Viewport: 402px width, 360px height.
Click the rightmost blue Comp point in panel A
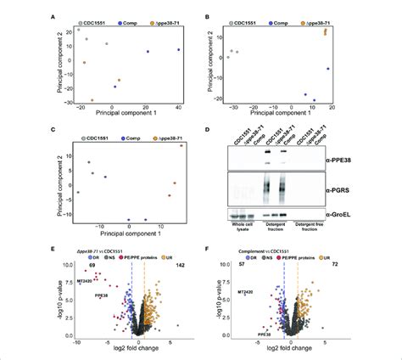(178, 50)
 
